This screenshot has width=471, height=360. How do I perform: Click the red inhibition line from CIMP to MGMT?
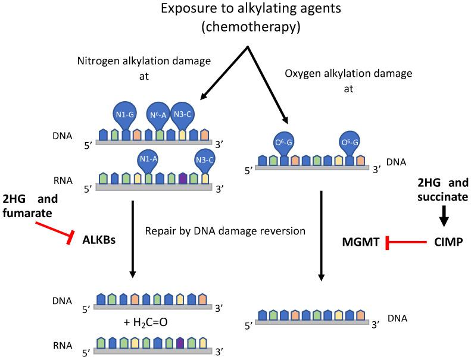pos(407,243)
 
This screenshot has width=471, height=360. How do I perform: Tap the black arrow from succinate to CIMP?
pos(443,215)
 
